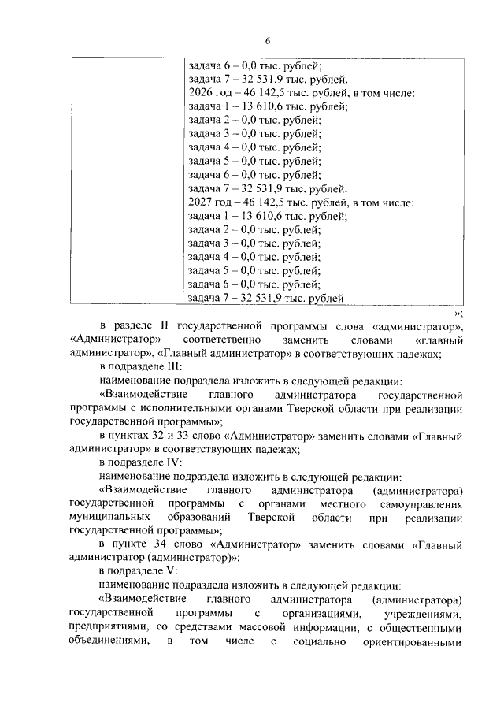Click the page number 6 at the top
tap(267, 41)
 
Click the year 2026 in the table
tap(202, 93)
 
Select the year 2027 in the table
tap(202, 202)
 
